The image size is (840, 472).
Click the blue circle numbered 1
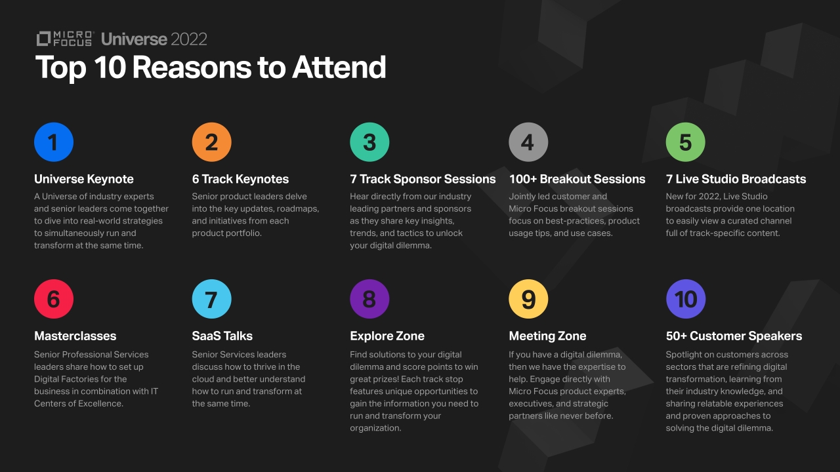tap(54, 142)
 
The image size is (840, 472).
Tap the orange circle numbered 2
tap(211, 142)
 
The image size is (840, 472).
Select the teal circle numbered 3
tap(369, 142)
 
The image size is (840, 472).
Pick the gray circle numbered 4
tap(528, 142)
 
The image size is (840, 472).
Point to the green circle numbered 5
tap(685, 142)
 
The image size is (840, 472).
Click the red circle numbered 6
tap(54, 299)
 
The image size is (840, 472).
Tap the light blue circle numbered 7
tap(211, 299)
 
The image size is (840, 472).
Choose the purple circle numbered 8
tap(369, 299)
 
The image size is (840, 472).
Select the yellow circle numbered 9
tap(528, 299)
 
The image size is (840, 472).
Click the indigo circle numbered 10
tap(686, 299)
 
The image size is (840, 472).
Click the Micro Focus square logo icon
tap(43, 39)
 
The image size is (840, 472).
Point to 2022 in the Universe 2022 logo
tap(188, 39)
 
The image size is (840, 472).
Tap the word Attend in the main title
tap(339, 68)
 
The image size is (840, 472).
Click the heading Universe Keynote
tap(83, 179)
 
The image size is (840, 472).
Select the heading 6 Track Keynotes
tap(240, 179)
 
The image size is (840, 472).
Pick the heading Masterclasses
tap(75, 336)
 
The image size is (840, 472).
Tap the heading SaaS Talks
tap(222, 336)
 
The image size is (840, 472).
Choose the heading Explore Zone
tap(387, 336)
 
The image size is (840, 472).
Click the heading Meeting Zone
tap(547, 336)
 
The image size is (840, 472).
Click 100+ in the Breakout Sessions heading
tap(523, 179)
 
